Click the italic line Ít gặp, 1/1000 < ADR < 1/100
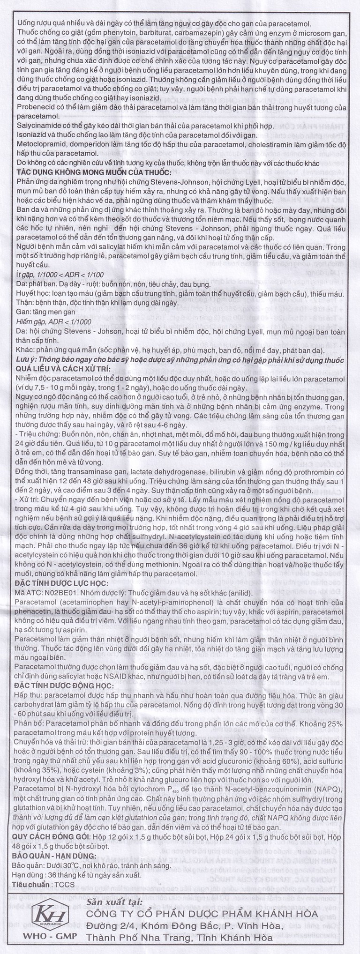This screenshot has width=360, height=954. [65, 274]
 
